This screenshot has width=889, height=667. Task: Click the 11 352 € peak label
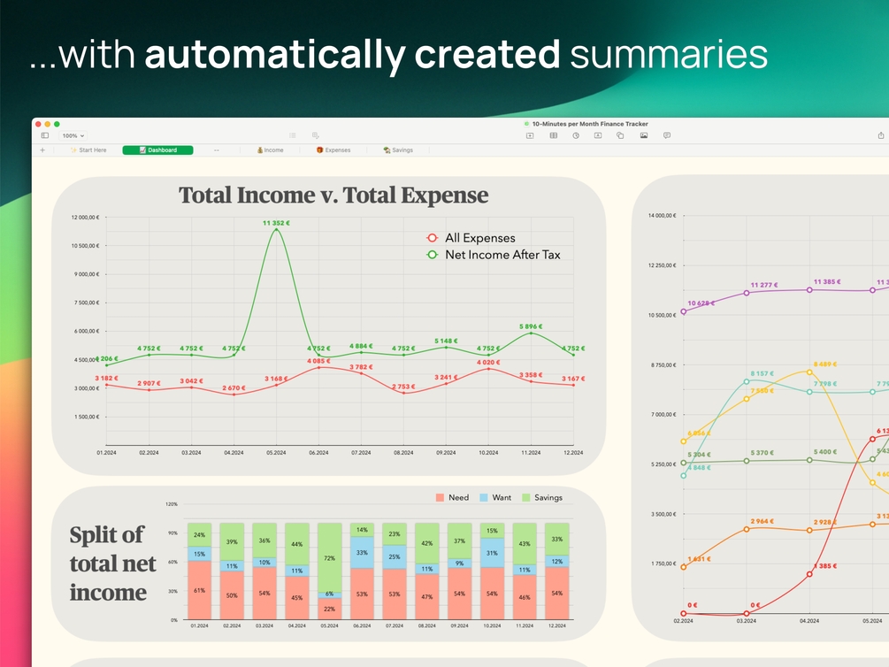pyautogui.click(x=276, y=223)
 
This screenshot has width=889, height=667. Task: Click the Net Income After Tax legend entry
pyautogui.click(x=502, y=255)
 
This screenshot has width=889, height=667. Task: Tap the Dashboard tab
pyautogui.click(x=157, y=150)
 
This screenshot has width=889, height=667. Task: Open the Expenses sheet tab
pyautogui.click(x=333, y=150)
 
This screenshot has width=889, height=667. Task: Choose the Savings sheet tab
pyautogui.click(x=398, y=150)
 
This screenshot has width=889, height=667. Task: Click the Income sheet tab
pyautogui.click(x=271, y=150)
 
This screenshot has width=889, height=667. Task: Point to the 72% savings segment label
pyautogui.click(x=329, y=558)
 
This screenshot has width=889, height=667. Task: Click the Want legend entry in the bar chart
pyautogui.click(x=501, y=498)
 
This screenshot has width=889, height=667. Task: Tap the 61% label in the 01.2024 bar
pyautogui.click(x=199, y=591)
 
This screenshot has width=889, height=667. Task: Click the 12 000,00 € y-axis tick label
pyautogui.click(x=84, y=217)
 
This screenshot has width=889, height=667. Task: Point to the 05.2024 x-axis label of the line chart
pyautogui.click(x=276, y=453)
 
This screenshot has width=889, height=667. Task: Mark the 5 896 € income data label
pyautogui.click(x=531, y=326)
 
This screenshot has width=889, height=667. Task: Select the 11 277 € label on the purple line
pyautogui.click(x=764, y=285)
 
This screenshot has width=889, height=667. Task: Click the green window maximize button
pyautogui.click(x=57, y=124)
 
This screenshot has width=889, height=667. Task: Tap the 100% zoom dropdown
pyautogui.click(x=73, y=135)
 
